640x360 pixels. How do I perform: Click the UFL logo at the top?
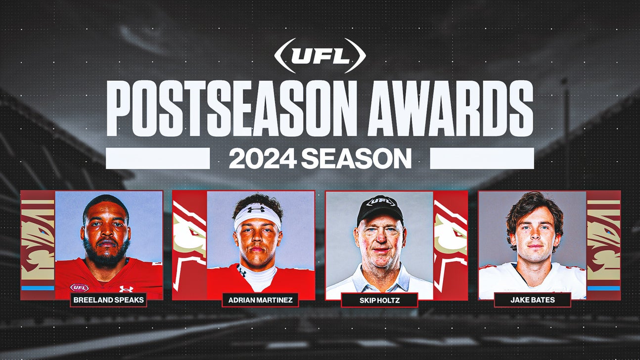[320, 56]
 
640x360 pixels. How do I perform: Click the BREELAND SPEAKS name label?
[108, 299]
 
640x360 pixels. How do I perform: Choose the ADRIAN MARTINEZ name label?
[260, 299]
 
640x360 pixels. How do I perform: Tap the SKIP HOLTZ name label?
[379, 300]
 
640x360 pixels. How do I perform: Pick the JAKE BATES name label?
[532, 300]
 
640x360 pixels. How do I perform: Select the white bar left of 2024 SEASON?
[157, 158]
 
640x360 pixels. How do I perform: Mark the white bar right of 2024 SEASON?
[482, 158]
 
